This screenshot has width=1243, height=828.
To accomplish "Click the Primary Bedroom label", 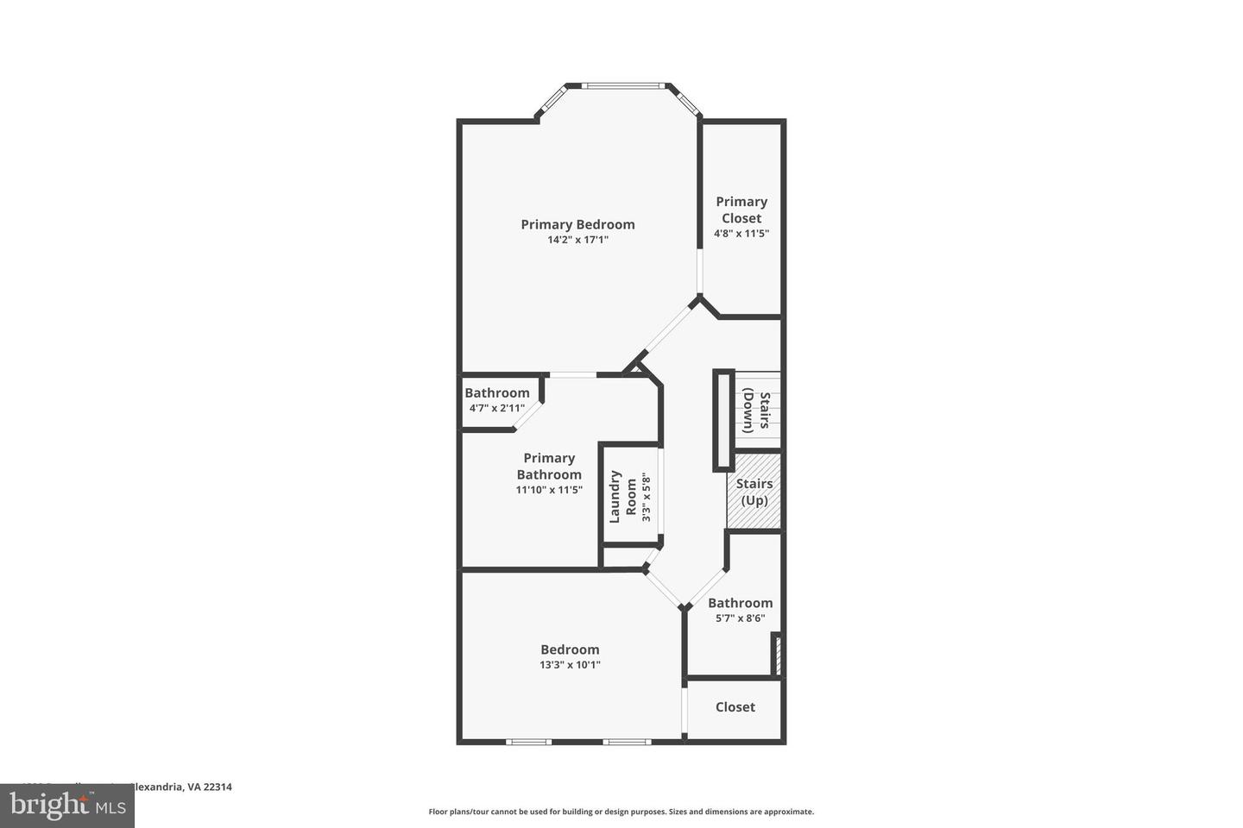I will [577, 224].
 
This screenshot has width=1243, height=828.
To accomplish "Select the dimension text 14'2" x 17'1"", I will [577, 241].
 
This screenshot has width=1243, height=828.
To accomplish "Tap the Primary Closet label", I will [741, 210].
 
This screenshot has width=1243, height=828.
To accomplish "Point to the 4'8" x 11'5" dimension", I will [741, 234].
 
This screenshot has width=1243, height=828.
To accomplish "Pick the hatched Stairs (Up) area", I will [754, 492].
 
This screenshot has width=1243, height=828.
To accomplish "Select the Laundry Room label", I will [623, 497].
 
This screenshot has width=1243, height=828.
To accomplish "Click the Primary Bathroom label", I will [549, 466].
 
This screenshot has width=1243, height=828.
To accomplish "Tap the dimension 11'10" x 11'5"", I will [549, 490].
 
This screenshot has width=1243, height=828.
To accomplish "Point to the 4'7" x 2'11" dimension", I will [496, 408].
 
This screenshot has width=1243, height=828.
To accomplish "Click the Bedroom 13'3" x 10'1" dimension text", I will [570, 665].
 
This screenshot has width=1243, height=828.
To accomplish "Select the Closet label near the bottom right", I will [735, 707].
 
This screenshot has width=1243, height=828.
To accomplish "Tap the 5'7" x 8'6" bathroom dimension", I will [740, 618].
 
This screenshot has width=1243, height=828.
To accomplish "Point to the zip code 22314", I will [217, 787].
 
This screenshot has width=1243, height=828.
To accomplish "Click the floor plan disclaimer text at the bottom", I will [621, 812].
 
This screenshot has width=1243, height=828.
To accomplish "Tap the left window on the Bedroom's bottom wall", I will [528, 741].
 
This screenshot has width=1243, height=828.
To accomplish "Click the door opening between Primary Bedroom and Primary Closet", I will [700, 273].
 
